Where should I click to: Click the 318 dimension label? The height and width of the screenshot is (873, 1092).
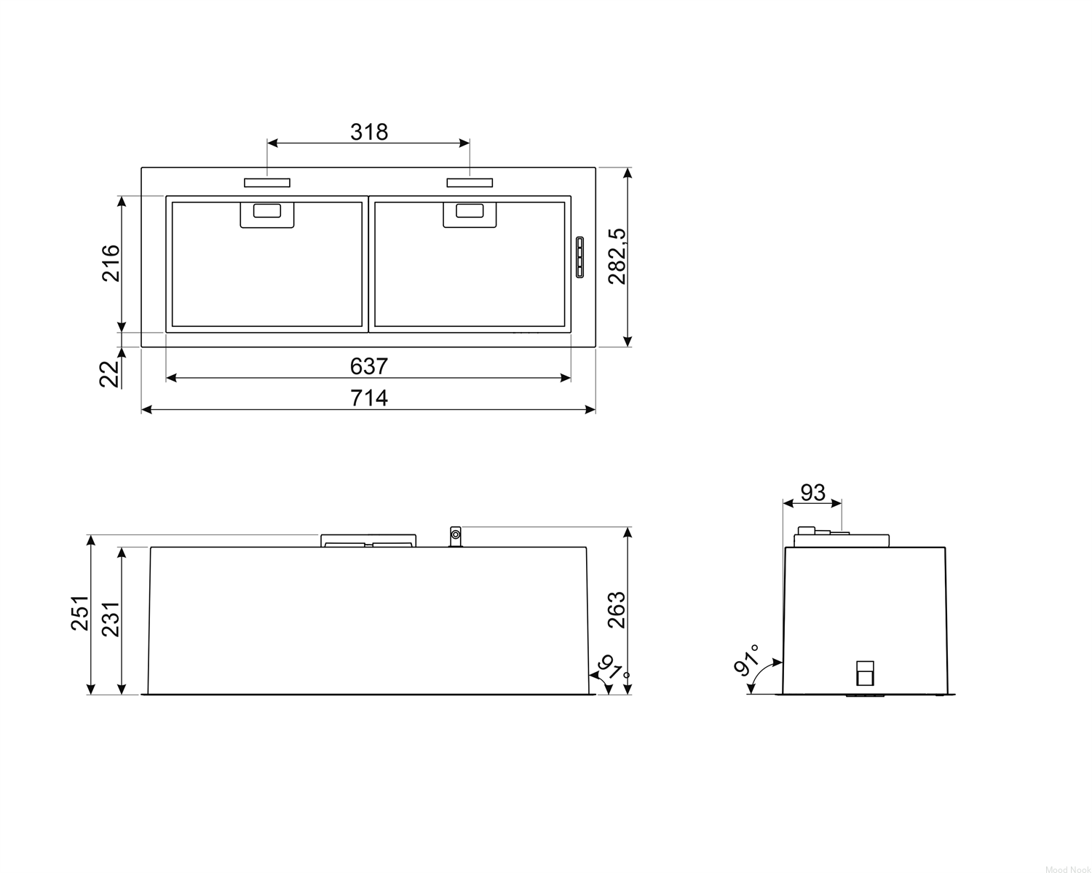click(369, 132)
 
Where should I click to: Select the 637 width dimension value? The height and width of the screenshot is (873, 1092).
click(369, 366)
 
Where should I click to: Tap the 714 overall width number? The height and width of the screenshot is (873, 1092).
click(369, 398)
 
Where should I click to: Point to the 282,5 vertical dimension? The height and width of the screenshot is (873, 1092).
click(617, 256)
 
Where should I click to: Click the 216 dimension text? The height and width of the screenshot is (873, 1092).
click(111, 264)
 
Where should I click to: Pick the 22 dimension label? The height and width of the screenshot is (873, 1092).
click(108, 374)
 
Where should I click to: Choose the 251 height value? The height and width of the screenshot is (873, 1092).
click(79, 613)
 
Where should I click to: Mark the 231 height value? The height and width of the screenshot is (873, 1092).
click(111, 619)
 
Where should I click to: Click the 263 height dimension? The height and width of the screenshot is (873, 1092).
click(617, 610)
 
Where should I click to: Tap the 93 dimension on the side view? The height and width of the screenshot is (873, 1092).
click(813, 492)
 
